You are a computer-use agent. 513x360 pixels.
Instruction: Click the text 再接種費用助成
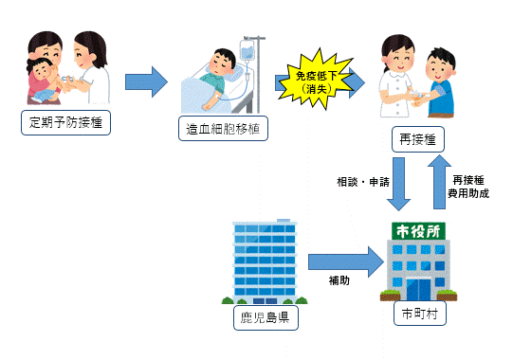point(471,186)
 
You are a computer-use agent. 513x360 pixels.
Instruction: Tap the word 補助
point(340,281)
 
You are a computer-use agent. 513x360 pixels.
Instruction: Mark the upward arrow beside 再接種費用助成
point(437,184)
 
